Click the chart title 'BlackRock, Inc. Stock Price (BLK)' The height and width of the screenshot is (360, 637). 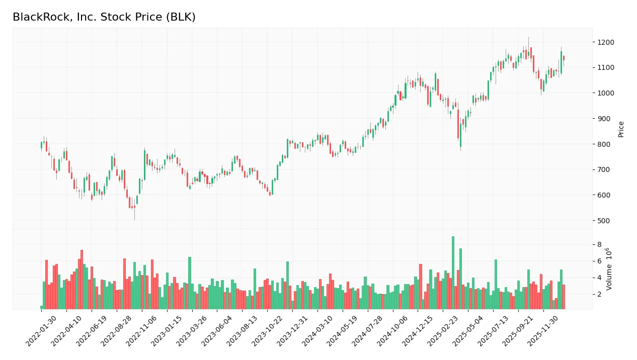pos(104,17)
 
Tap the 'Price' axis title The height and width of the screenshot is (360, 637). pos(621,129)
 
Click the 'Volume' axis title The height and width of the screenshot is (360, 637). pos(609,269)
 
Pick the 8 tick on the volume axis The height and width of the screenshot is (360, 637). pos(599,245)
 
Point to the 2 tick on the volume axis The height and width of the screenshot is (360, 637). pos(599,294)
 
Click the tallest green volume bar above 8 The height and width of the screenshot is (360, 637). pos(453,272)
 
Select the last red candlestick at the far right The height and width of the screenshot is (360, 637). pos(564,58)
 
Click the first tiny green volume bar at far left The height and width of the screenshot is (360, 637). pos(42,307)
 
